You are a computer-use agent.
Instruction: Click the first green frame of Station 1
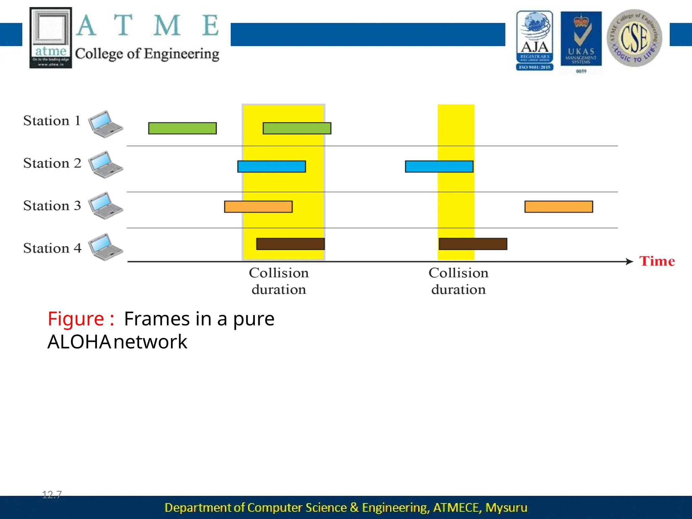click(182, 128)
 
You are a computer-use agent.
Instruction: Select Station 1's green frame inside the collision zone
click(297, 128)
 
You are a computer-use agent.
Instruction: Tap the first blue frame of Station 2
click(271, 167)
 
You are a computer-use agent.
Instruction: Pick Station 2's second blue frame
click(439, 167)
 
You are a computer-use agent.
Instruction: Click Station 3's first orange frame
click(258, 207)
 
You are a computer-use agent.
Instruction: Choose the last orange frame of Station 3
click(559, 207)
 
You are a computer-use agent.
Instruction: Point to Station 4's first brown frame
click(290, 244)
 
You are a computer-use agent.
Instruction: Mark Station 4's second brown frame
click(473, 244)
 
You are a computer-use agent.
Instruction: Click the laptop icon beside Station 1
click(105, 124)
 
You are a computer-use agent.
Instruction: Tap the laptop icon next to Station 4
click(105, 247)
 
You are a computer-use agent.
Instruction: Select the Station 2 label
click(52, 163)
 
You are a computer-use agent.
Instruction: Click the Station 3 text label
click(52, 206)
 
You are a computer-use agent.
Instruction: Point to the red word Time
click(657, 261)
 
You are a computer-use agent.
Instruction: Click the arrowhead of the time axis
click(629, 262)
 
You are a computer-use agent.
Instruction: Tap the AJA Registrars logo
click(535, 41)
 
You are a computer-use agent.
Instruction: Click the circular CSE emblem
click(634, 38)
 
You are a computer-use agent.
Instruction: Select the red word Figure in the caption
click(76, 319)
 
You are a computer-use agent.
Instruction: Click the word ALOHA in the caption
click(79, 342)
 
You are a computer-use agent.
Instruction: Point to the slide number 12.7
click(52, 495)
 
